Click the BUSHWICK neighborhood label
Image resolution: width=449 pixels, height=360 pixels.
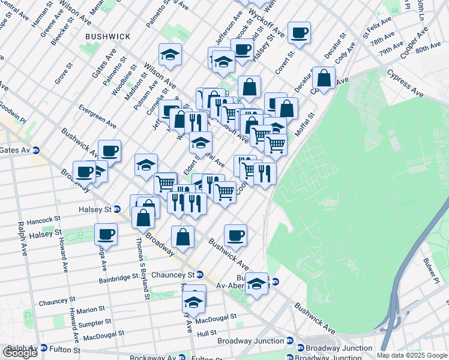[x=108, y=37]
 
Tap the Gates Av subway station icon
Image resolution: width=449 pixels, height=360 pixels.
[x=35, y=151]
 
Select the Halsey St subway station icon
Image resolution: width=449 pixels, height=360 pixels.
[x=118, y=209]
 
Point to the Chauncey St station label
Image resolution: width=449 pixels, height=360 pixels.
[x=176, y=274]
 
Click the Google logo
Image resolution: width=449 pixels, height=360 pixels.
[x=20, y=353]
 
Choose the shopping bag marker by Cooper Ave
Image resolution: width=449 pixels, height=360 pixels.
[x=324, y=78]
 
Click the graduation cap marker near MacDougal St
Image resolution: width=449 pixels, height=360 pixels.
[x=193, y=301]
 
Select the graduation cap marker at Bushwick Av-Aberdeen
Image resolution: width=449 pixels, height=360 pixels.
[x=256, y=283]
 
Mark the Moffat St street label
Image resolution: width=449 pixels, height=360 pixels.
[x=305, y=124]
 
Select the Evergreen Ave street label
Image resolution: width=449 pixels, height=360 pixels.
[x=97, y=115]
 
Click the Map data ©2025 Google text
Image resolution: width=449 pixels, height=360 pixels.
[x=412, y=355]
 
